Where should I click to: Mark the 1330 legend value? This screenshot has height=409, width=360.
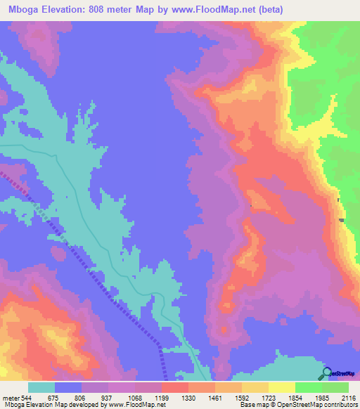tap(189, 397)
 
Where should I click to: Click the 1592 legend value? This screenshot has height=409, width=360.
tap(243, 397)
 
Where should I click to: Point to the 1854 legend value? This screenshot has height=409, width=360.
tap(296, 397)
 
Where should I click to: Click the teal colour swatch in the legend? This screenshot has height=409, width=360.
tap(41, 387)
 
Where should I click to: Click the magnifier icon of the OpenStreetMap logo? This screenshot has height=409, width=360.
tap(326, 372)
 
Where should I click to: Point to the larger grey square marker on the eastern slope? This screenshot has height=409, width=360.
tap(342, 220)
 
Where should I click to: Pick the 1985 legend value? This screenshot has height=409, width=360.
tap(323, 397)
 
